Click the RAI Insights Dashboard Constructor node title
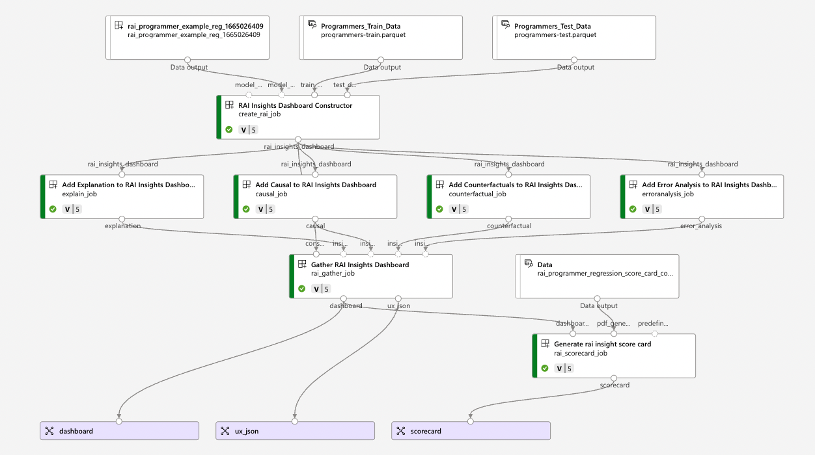click(295, 105)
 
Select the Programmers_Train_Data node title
click(361, 26)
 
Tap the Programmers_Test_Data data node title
click(552, 26)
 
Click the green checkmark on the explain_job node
click(53, 209)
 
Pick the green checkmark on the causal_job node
click(246, 209)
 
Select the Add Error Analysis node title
click(709, 185)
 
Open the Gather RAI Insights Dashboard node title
click(360, 265)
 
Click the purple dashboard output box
click(119, 431)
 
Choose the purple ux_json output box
click(295, 431)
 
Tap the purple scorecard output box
click(471, 431)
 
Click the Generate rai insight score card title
click(602, 344)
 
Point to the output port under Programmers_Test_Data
click(574, 60)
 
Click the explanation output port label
click(122, 226)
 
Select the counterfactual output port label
click(509, 226)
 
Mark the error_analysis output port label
click(701, 226)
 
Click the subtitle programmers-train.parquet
click(363, 35)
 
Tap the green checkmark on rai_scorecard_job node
click(545, 369)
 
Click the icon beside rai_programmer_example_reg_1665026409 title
click(118, 25)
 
